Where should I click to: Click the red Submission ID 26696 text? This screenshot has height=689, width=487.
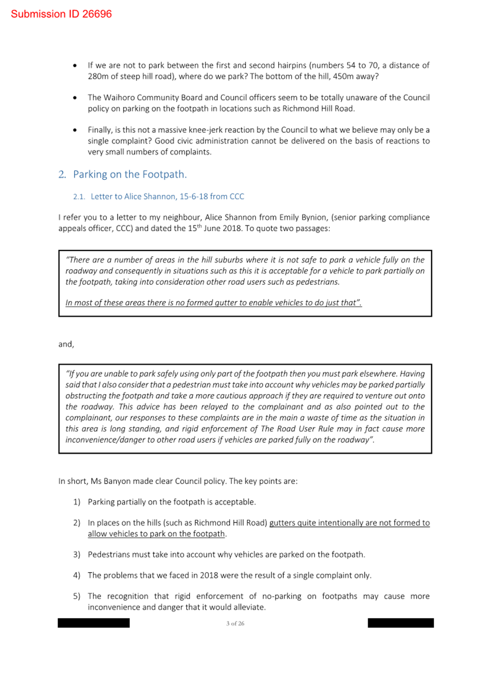61,14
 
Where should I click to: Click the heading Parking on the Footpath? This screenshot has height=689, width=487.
129,175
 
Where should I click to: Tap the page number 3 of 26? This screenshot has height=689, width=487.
235,624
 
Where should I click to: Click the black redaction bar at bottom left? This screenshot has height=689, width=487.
94,623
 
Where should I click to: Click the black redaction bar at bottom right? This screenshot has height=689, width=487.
400,623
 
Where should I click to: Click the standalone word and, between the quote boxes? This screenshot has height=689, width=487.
66,344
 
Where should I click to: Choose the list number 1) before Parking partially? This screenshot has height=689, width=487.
77,502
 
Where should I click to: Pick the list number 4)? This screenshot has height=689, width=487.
77,576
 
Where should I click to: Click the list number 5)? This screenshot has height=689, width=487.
77,596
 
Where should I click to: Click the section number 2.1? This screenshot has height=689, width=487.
79,197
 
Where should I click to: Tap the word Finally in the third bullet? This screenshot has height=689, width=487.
99,130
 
